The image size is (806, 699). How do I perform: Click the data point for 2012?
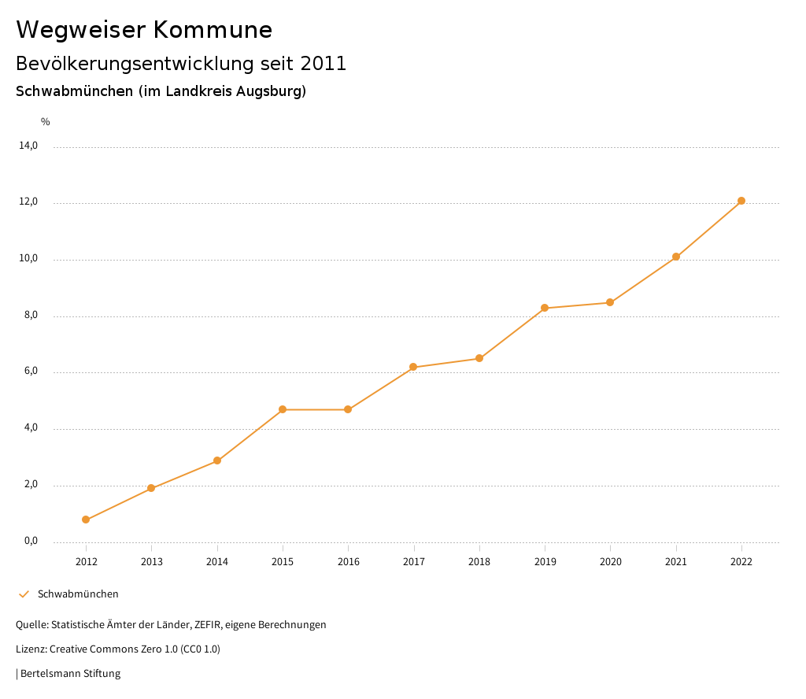86,520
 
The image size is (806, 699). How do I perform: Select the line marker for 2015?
283,409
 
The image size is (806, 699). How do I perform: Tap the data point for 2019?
545,308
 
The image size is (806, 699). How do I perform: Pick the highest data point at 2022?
741,201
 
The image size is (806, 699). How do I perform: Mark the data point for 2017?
413,367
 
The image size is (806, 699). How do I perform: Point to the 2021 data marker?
676,257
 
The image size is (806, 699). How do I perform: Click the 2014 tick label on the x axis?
217,561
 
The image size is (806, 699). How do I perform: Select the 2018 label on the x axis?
479,561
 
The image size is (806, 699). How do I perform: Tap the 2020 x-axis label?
611,561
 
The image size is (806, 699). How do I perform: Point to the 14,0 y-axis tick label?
28,146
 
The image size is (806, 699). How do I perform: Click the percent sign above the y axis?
46,121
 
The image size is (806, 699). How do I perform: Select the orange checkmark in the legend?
24,594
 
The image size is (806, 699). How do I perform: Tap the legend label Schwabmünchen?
78,594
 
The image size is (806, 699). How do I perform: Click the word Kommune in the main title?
213,30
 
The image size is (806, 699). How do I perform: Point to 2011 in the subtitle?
324,64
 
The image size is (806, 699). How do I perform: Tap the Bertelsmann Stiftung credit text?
70,673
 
